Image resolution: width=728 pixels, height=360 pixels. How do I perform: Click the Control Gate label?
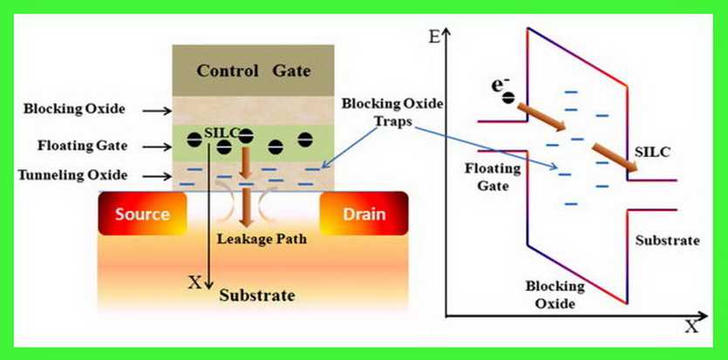[253, 70]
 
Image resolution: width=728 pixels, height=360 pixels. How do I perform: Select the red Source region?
[140, 214]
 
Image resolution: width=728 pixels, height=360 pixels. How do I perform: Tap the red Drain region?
[362, 214]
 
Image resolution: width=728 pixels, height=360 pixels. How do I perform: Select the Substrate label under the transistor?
[257, 295]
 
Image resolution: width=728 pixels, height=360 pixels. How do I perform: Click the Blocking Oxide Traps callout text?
[392, 112]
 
